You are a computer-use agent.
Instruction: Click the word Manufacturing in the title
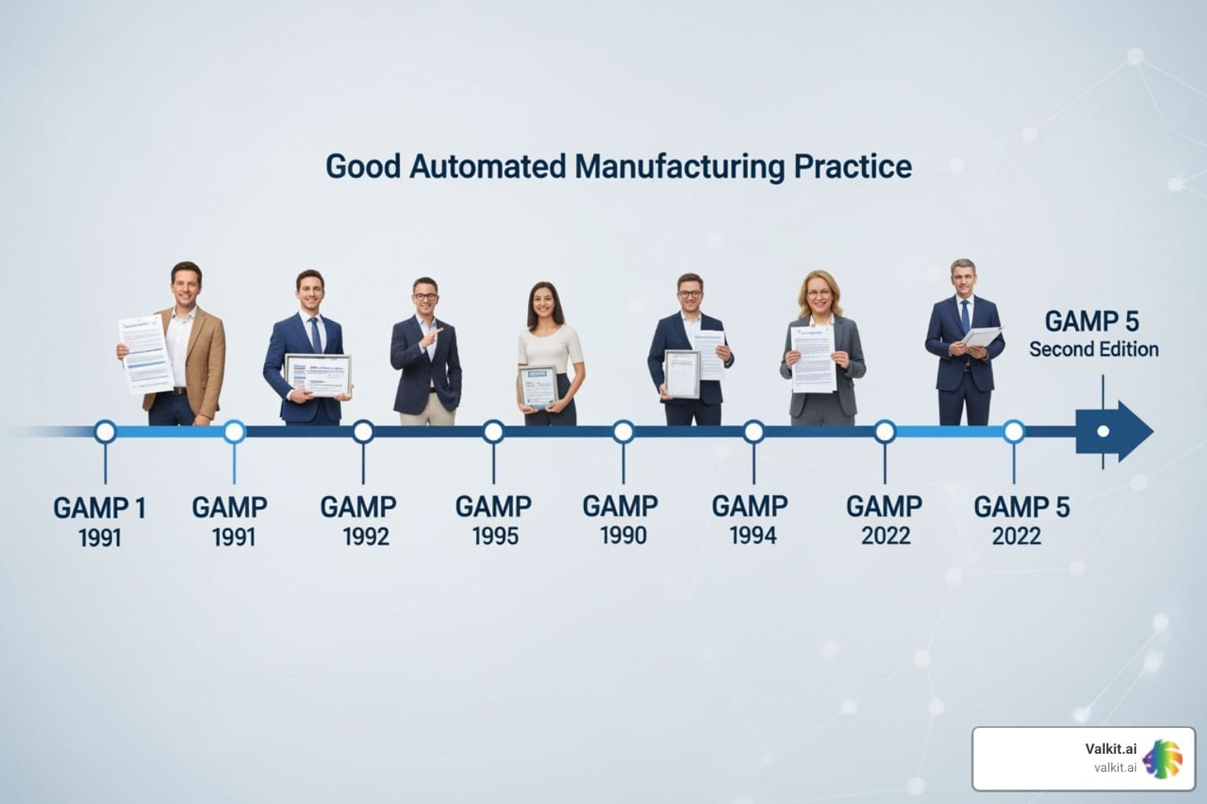click(679, 166)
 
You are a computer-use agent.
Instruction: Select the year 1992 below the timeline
click(366, 536)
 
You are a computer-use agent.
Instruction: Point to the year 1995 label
click(495, 536)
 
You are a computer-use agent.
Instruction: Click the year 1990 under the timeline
click(623, 536)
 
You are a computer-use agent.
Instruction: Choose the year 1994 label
click(753, 536)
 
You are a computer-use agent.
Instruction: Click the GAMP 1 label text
click(100, 508)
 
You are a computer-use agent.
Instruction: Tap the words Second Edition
click(1094, 349)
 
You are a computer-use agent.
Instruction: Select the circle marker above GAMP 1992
click(363, 431)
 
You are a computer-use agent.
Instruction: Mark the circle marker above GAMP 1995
click(493, 431)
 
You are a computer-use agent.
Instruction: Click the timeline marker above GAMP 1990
click(623, 431)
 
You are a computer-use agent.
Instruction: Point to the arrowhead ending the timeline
click(1132, 431)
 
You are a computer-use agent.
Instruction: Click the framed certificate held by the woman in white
click(537, 386)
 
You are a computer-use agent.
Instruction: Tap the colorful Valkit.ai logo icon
click(1163, 758)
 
